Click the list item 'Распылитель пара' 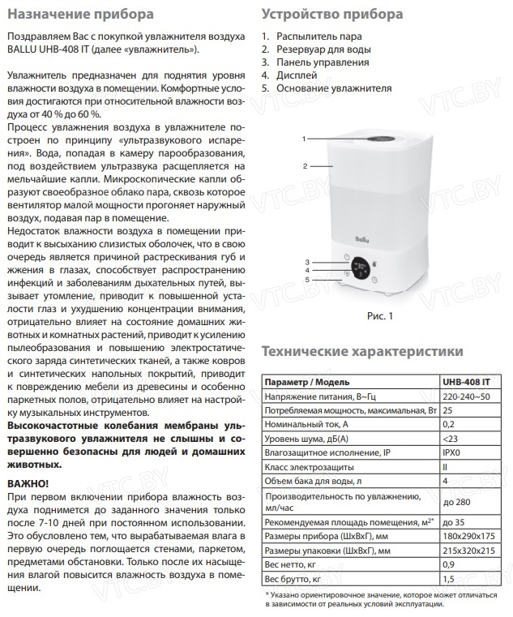tap(318, 37)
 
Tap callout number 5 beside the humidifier tap(306, 280)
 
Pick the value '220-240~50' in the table tap(466, 396)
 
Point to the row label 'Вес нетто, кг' tap(294, 565)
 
